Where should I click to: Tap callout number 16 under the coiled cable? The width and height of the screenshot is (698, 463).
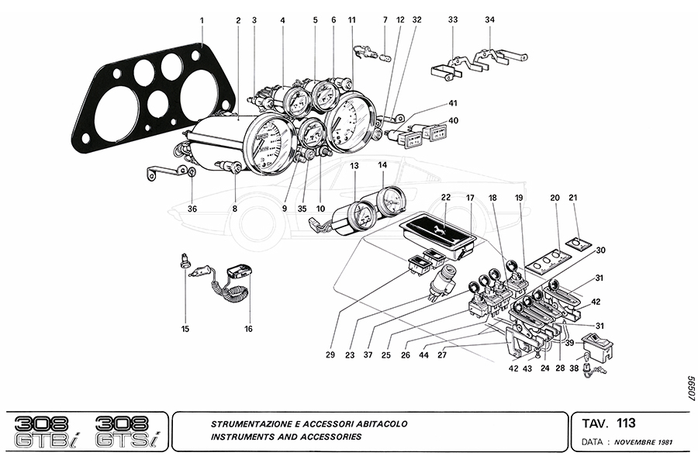[x=248, y=329]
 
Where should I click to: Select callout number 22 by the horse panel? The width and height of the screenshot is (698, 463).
[x=445, y=198]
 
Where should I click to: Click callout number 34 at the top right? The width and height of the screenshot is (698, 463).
[x=489, y=19]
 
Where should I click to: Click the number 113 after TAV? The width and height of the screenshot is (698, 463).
[x=626, y=423]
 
